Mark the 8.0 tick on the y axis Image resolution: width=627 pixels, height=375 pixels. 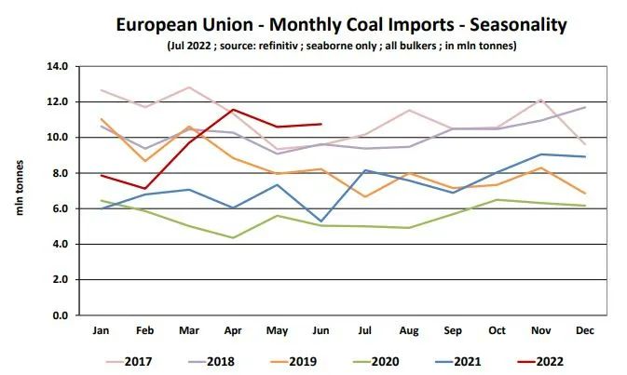point(60,173)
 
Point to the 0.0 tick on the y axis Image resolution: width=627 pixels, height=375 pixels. point(60,315)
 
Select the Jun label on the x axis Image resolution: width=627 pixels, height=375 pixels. point(320,330)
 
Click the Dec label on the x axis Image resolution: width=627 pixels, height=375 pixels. point(584,330)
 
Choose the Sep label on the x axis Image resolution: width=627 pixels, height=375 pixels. point(453,330)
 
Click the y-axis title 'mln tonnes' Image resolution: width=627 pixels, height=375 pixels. point(19,191)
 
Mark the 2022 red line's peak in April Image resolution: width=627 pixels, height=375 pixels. point(233,110)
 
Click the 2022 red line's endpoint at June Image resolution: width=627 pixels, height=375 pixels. point(320,124)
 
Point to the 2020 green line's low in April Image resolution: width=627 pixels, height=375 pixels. point(233,237)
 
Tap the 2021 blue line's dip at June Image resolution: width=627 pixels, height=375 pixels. point(320,221)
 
